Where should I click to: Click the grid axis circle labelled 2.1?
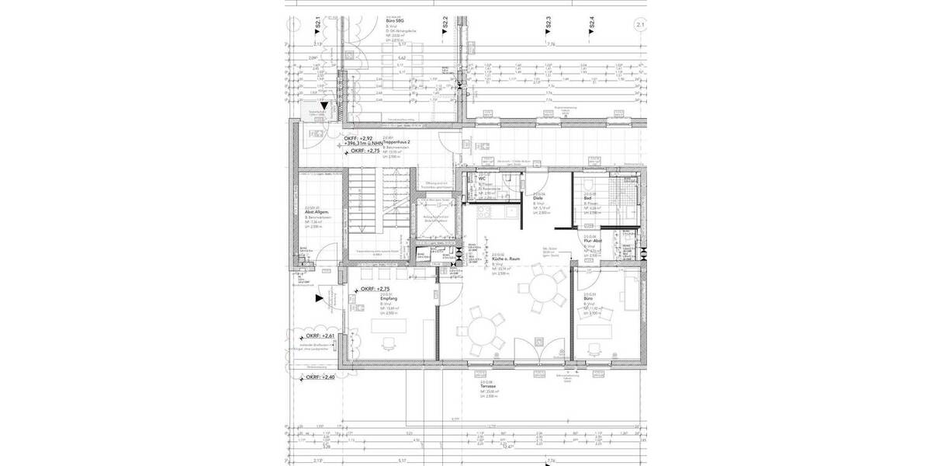(639, 26)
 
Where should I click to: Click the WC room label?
(482, 179)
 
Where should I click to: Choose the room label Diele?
(537, 199)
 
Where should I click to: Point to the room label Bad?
(587, 198)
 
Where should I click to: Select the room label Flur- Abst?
(594, 242)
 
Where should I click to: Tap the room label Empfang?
(389, 298)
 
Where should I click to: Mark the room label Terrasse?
(489, 386)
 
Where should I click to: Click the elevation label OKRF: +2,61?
(320, 336)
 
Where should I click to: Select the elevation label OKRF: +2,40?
(320, 377)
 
